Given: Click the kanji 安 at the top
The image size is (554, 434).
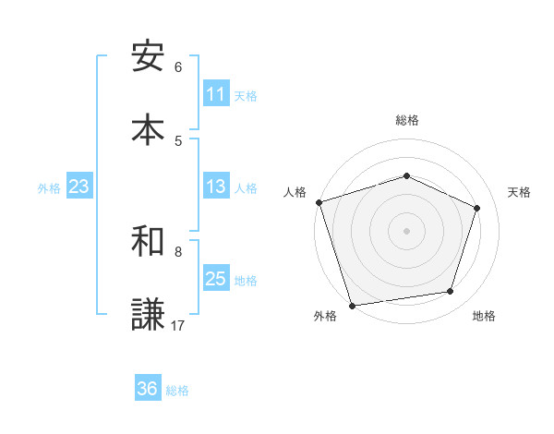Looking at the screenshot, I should (x=148, y=56).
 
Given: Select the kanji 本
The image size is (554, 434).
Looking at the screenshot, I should (x=148, y=129).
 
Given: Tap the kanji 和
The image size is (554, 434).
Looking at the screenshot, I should (x=148, y=241).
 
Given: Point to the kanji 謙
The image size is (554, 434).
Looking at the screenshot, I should (x=148, y=314).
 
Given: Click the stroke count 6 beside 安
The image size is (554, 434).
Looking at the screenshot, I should (x=178, y=67).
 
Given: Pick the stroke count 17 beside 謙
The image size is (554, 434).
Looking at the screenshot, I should (x=178, y=325).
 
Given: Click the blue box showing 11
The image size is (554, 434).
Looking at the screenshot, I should (x=216, y=94).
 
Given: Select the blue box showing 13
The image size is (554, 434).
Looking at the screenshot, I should (x=216, y=187).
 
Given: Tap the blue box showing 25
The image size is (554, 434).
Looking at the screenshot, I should (x=216, y=279).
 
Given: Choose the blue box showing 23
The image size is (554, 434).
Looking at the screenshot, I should (x=79, y=187).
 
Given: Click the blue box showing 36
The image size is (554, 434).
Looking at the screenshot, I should (x=148, y=389).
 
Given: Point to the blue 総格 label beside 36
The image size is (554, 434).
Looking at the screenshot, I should (x=177, y=391).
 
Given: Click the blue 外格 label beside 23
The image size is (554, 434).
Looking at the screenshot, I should (x=49, y=188).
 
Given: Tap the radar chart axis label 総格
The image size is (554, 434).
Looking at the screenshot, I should (x=406, y=120).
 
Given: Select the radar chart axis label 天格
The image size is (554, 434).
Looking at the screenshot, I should (x=520, y=192).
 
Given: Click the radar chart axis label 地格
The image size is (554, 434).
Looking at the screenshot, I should (x=484, y=316).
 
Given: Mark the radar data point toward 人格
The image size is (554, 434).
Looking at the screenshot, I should (x=319, y=202).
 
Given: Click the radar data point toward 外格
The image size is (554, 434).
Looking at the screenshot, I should (x=352, y=305).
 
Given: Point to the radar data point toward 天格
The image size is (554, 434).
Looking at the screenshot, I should (x=477, y=208).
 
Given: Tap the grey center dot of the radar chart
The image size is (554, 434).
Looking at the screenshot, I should (x=406, y=231).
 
